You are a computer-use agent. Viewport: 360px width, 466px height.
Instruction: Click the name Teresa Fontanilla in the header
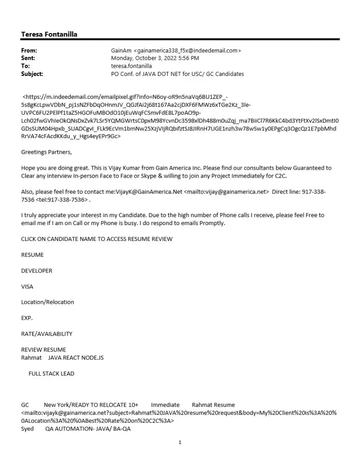[49, 34]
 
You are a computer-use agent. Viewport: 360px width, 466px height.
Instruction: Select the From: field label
[29, 50]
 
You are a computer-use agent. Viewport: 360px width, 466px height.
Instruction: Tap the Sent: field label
[28, 58]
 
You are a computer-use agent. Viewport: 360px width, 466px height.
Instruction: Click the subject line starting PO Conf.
[177, 74]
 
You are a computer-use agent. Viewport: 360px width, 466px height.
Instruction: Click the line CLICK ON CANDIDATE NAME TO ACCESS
[96, 239]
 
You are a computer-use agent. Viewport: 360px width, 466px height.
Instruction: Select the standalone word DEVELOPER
[37, 271]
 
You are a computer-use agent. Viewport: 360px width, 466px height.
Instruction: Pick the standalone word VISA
[27, 287]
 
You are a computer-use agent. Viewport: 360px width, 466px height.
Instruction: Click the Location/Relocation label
[48, 302]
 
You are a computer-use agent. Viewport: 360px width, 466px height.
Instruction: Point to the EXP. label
[27, 318]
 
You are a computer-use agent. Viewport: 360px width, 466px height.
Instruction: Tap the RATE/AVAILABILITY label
[47, 334]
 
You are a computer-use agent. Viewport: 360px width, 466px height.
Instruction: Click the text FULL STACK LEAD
[51, 373]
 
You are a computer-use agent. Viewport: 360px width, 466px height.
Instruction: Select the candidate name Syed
[27, 429]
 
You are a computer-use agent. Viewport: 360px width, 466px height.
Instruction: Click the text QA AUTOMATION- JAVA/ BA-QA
[88, 429]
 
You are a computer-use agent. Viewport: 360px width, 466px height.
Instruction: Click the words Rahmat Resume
[213, 405]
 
